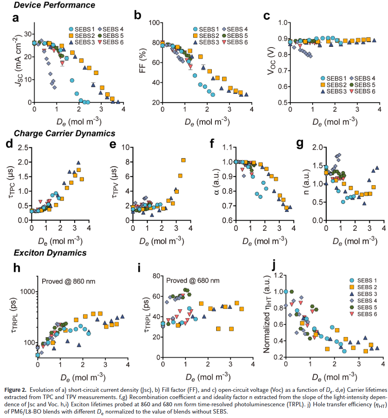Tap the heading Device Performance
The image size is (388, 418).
[x=54, y=5]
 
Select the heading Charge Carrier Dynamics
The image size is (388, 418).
[x=65, y=133]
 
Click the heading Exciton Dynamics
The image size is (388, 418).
[x=50, y=253]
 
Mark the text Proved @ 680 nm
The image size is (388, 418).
[x=193, y=280]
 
